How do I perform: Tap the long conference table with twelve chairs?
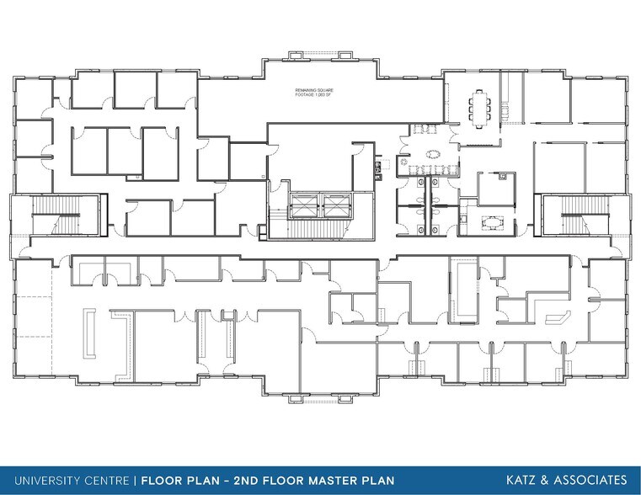click(483, 107)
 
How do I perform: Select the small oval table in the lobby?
click(434, 155)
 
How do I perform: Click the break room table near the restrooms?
click(488, 222)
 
